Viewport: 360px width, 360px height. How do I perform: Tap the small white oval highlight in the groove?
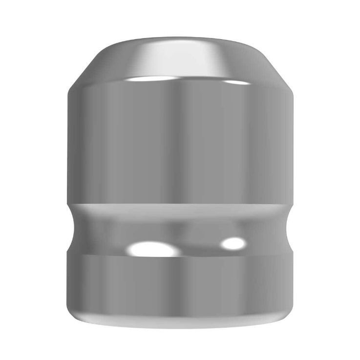tap(233, 243)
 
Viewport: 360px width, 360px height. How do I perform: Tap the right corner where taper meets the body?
tap(292, 91)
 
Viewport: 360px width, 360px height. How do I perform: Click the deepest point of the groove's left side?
tap(73, 229)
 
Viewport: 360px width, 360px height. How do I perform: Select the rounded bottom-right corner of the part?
tap(287, 313)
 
